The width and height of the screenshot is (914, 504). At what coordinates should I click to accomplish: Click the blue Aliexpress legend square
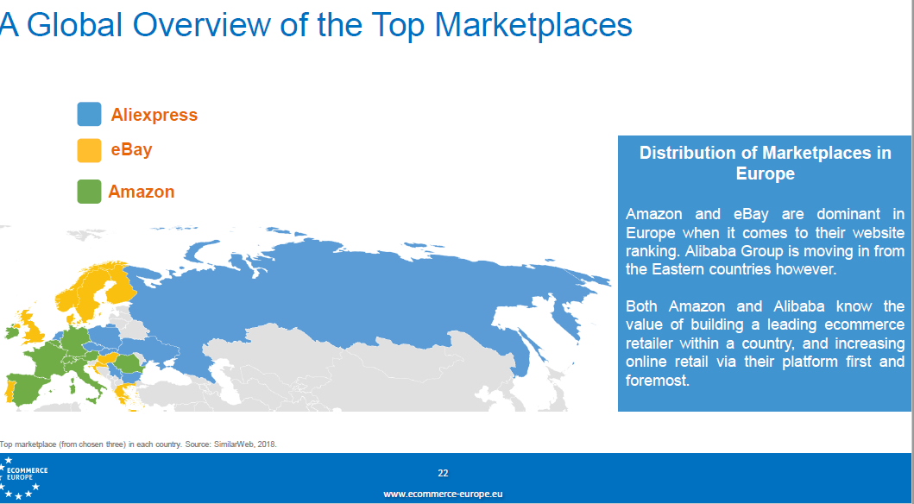click(x=89, y=114)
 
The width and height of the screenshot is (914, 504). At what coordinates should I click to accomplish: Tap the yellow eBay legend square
click(x=89, y=150)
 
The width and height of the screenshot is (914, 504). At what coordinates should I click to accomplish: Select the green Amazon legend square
click(x=89, y=192)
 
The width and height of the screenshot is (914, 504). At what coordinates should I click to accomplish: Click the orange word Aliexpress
click(x=154, y=115)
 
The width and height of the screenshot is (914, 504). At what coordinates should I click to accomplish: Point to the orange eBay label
click(x=132, y=149)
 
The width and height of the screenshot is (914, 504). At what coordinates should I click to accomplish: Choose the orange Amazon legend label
click(x=142, y=192)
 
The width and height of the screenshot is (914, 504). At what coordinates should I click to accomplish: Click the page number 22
click(x=443, y=473)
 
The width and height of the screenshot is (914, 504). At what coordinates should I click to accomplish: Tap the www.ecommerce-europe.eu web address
click(x=443, y=495)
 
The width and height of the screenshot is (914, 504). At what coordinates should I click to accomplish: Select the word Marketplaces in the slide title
click(x=533, y=24)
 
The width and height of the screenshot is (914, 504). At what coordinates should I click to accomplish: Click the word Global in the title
click(x=74, y=24)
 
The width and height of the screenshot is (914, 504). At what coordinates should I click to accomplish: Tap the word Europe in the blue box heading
click(x=766, y=173)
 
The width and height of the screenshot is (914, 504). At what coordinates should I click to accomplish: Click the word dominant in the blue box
click(x=848, y=214)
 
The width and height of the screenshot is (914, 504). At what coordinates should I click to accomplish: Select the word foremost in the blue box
click(x=658, y=381)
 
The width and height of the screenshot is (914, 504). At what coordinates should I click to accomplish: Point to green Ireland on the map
click(x=11, y=333)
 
